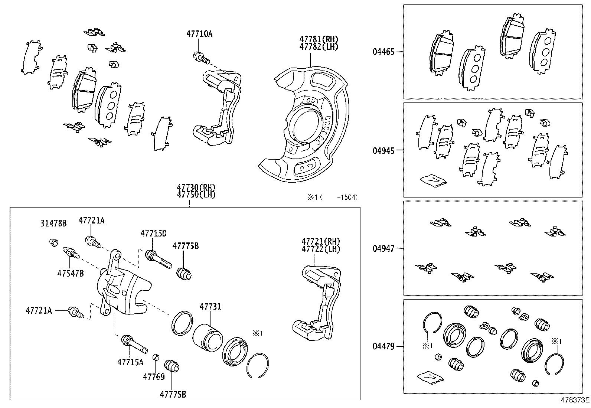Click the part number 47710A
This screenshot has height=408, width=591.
pyautogui.click(x=199, y=34)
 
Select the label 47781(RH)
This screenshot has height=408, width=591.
pyautogui.click(x=319, y=39)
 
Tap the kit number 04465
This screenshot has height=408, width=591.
pyautogui.click(x=383, y=52)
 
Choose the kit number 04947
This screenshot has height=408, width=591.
pyautogui.click(x=383, y=248)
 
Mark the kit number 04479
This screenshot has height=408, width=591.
pyautogui.click(x=383, y=346)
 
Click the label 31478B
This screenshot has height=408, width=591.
pyautogui.click(x=53, y=223)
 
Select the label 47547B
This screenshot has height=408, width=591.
pyautogui.click(x=71, y=274)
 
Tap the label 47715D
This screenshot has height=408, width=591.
pyautogui.click(x=153, y=234)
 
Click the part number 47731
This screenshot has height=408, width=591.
pyautogui.click(x=210, y=307)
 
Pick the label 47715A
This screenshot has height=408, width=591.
pyautogui.click(x=130, y=362)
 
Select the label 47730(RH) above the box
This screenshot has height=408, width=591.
pyautogui.click(x=196, y=187)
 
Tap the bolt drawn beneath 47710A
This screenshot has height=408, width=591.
pyautogui.click(x=201, y=57)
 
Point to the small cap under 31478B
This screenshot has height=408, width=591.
pyautogui.click(x=53, y=242)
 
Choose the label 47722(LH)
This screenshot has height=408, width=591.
pyautogui.click(x=321, y=249)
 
